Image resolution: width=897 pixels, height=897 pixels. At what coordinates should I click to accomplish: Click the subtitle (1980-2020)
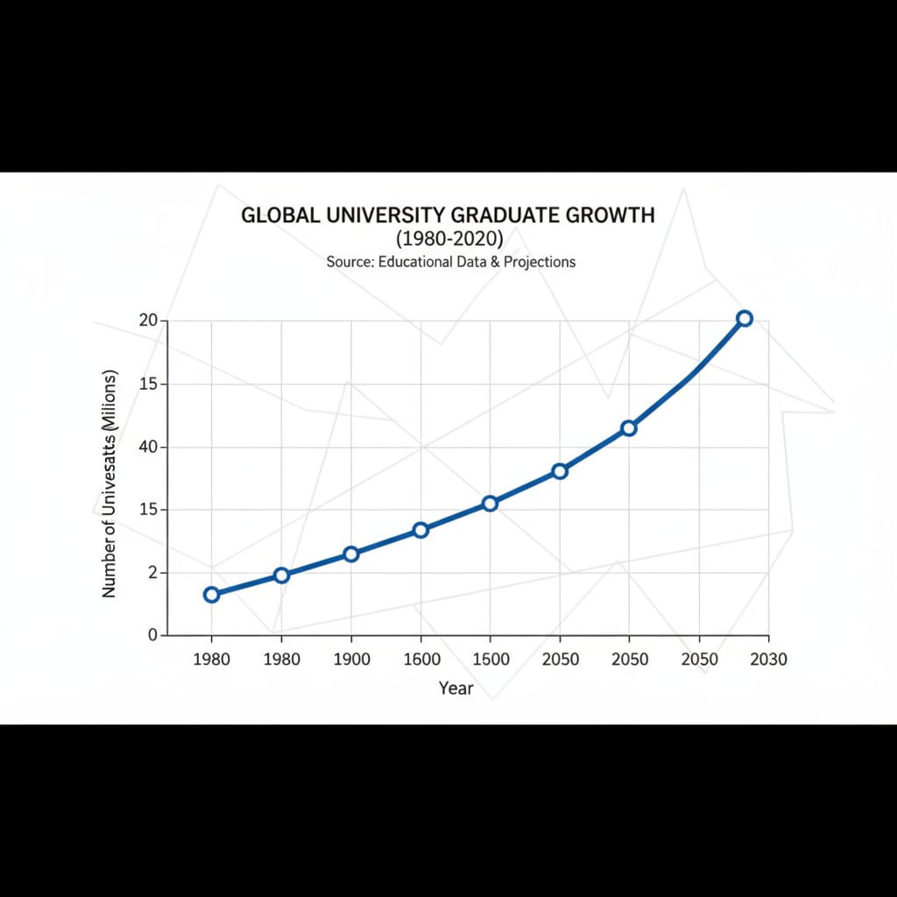[448, 238]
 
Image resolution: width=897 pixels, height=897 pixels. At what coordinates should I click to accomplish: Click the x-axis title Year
[456, 689]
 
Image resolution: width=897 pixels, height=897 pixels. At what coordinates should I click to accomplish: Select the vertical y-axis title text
[109, 484]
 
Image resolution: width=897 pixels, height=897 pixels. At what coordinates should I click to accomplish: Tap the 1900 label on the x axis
[351, 660]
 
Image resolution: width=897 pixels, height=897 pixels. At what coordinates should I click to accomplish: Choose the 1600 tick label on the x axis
[420, 660]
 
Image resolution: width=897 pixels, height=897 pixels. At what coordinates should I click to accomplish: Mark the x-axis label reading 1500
[490, 660]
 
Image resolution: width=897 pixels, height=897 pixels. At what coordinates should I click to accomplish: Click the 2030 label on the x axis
[768, 660]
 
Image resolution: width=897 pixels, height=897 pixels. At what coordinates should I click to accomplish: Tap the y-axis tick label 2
[152, 573]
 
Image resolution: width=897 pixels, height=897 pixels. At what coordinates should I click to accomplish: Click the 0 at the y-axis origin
[152, 635]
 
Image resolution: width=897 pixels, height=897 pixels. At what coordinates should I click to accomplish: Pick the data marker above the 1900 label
[351, 554]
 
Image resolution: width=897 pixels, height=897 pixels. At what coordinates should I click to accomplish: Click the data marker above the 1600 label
[420, 530]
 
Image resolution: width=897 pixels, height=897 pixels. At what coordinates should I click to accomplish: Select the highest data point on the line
[744, 319]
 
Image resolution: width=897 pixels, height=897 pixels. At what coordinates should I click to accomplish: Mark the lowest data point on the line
[211, 595]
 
